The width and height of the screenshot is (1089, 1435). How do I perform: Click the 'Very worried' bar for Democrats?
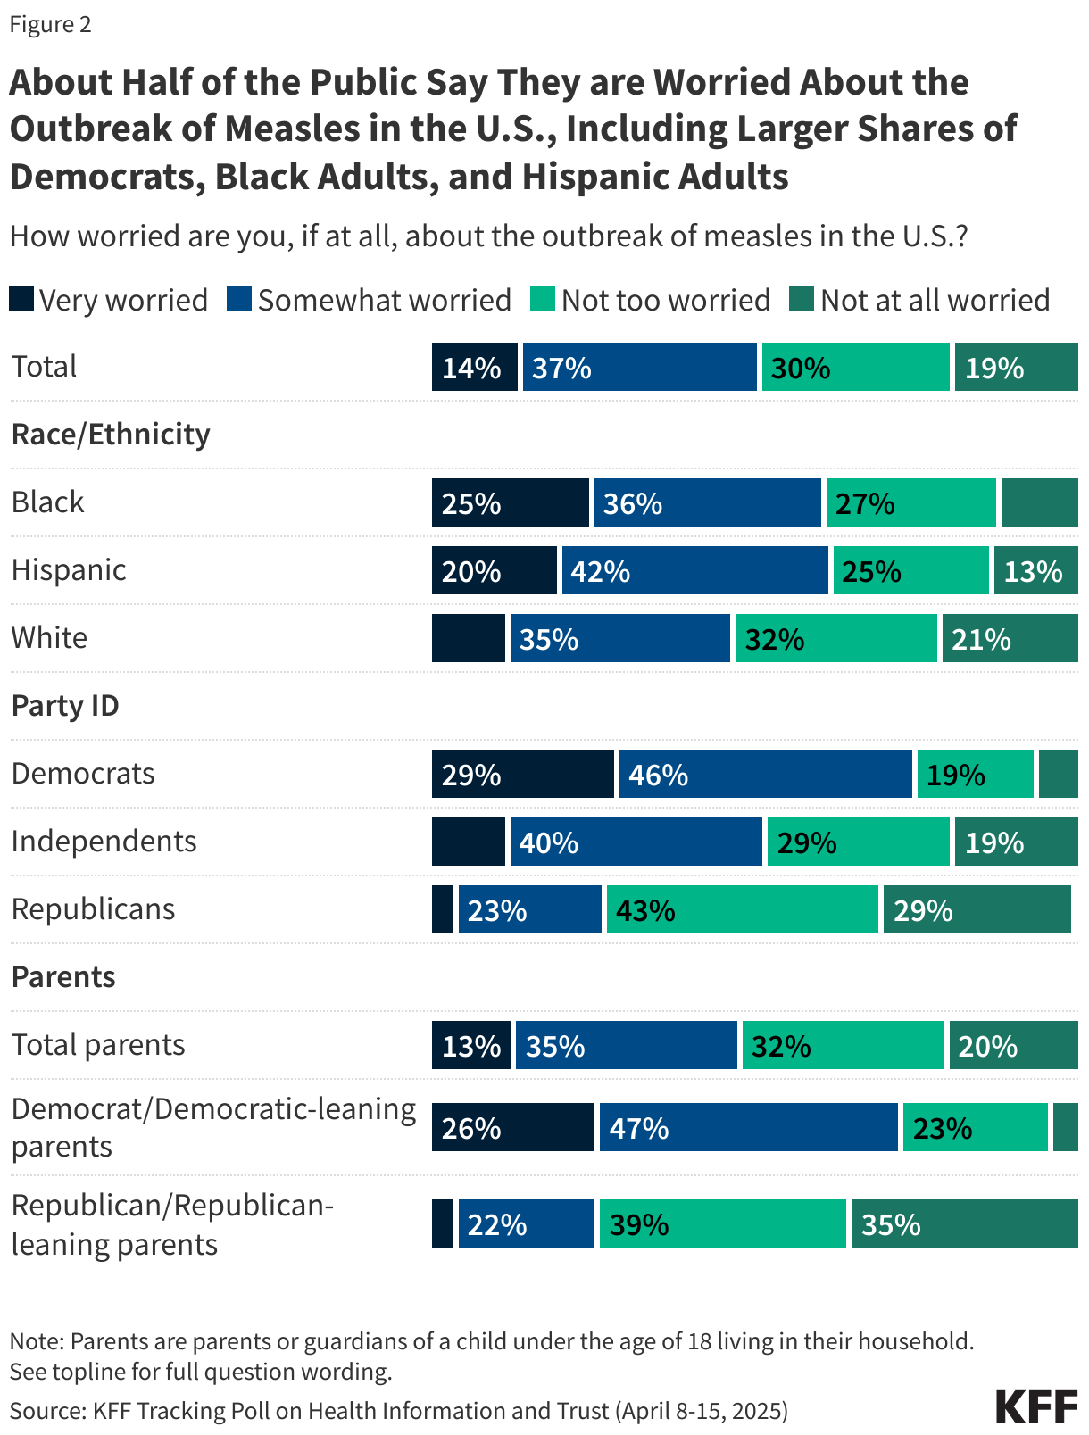523,774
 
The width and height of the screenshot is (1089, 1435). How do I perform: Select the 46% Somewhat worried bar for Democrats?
765,774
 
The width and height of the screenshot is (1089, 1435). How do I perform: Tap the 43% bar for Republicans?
742,909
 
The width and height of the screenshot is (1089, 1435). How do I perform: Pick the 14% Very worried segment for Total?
474,367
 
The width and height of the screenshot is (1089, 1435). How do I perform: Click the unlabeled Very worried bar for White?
468,638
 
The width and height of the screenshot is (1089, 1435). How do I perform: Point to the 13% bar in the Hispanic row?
1035,570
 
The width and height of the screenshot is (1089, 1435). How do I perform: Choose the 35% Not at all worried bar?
964,1223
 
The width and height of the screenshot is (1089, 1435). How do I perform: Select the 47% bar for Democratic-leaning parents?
748,1127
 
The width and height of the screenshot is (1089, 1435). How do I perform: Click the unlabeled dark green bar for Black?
1039,502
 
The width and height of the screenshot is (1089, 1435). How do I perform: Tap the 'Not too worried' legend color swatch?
542,299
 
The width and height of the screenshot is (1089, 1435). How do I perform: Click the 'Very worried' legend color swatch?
21,299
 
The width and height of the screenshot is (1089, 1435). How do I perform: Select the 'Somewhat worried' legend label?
385,300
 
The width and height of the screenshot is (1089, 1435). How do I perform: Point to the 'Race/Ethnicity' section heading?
111,435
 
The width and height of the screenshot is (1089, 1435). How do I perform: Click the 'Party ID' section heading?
65,706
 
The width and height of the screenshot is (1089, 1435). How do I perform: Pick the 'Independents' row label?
104,842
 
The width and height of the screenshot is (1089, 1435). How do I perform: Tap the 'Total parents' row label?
98,1045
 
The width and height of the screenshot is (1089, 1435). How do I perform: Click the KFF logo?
1036,1407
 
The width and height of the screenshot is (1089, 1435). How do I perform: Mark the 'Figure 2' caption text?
50,24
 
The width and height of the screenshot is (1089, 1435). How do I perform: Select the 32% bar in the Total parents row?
843,1045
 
